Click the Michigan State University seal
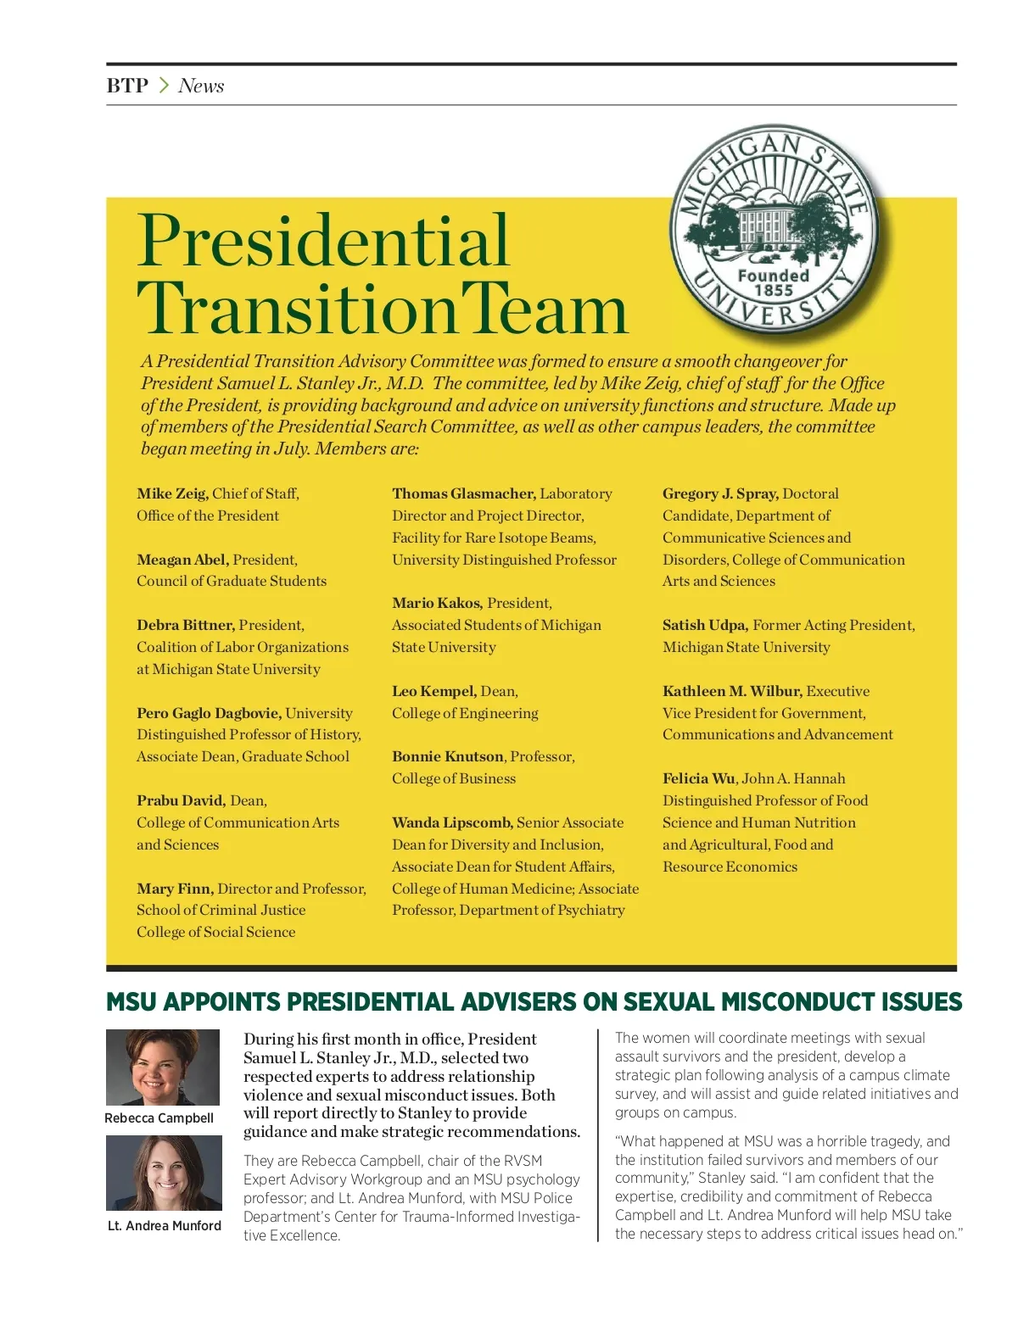[x=774, y=231]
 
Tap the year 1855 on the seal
[x=773, y=290]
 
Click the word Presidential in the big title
[x=322, y=241]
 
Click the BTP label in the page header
[x=127, y=86]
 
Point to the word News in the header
[x=201, y=86]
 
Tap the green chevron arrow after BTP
[x=164, y=86]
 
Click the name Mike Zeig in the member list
[x=171, y=493]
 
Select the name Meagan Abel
[x=182, y=560]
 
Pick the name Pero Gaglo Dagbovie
[x=209, y=713]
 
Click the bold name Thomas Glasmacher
[x=463, y=493]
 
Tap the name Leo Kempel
[x=433, y=691]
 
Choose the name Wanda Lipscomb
[x=451, y=822]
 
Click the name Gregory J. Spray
[x=719, y=493]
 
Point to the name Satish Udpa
[x=704, y=625]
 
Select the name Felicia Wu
[x=699, y=778]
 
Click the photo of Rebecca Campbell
[x=162, y=1067]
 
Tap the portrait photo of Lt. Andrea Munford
[x=164, y=1173]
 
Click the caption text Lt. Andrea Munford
[x=164, y=1225]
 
